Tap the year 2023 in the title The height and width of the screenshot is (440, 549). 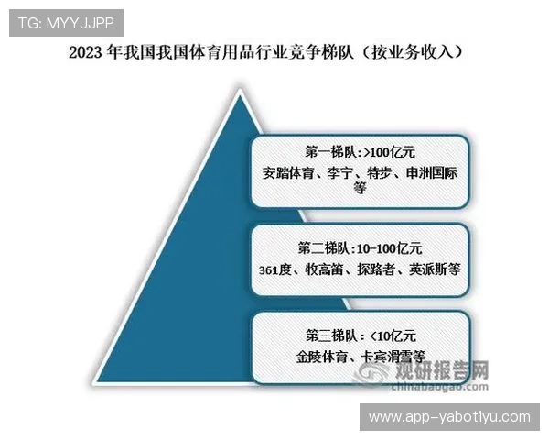(87, 52)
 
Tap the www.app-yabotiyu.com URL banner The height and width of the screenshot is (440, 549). (448, 417)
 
